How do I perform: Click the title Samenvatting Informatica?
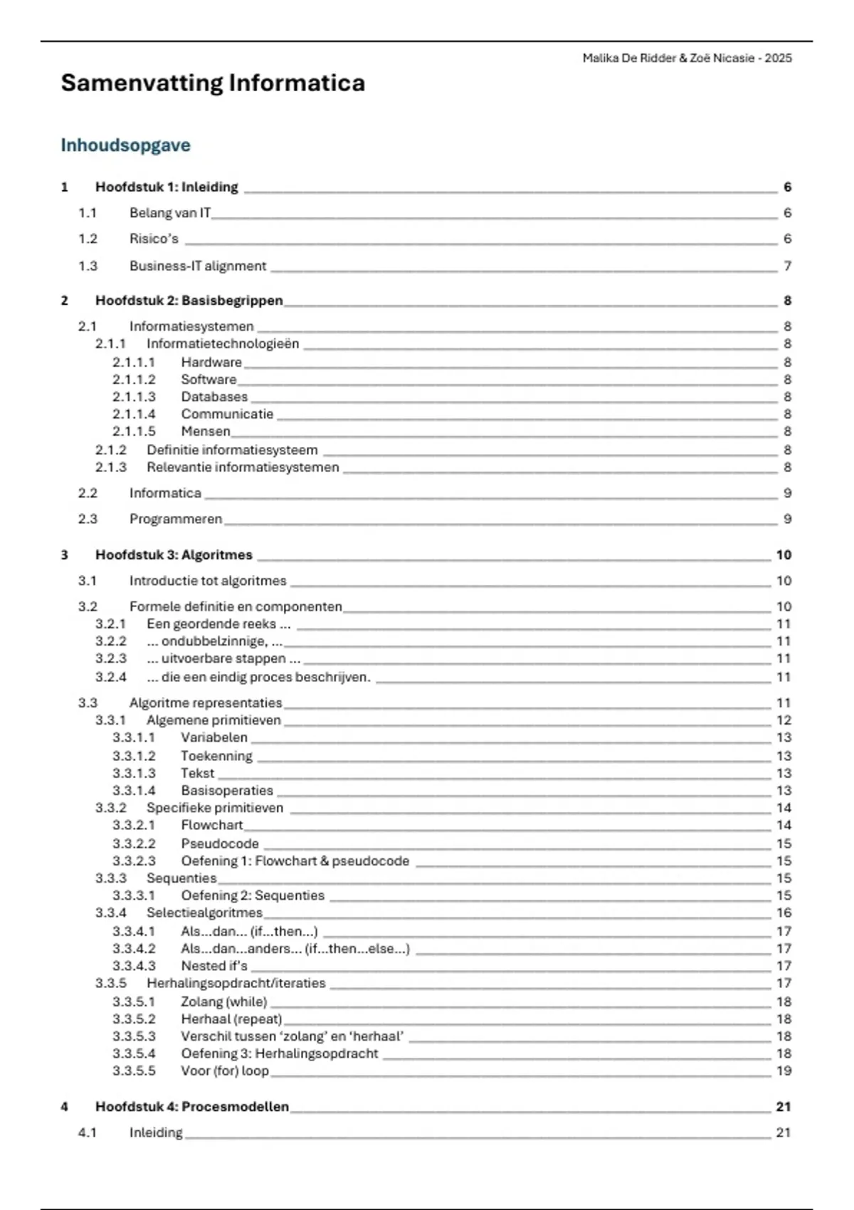(x=213, y=83)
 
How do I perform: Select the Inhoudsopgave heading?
(x=125, y=145)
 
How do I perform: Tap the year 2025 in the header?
(x=778, y=58)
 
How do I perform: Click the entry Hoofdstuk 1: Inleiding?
(x=167, y=187)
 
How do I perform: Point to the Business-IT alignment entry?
(x=198, y=266)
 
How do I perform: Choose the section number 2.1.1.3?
(x=134, y=397)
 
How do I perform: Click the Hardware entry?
(x=211, y=362)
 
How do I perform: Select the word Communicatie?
(x=227, y=414)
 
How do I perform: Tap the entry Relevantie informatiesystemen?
(x=243, y=468)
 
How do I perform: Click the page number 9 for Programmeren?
(x=787, y=519)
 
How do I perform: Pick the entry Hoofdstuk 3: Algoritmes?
(x=174, y=555)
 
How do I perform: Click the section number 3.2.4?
(x=111, y=677)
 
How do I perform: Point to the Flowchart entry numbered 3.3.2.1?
(x=212, y=825)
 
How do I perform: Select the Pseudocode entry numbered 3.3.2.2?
(x=220, y=843)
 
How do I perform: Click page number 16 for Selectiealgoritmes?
(x=784, y=912)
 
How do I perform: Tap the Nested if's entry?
(x=214, y=966)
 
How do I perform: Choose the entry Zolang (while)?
(x=224, y=1001)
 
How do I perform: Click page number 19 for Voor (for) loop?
(x=784, y=1070)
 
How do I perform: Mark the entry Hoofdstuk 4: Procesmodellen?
(x=192, y=1107)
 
